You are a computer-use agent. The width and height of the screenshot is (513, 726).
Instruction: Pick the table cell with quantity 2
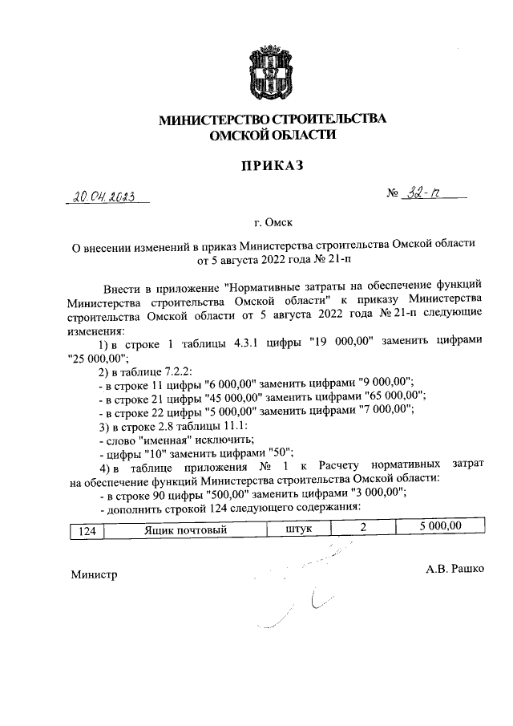363,529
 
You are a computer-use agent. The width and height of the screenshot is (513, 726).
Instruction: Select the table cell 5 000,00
439,529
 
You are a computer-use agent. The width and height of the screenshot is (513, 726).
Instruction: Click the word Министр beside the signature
94,574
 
